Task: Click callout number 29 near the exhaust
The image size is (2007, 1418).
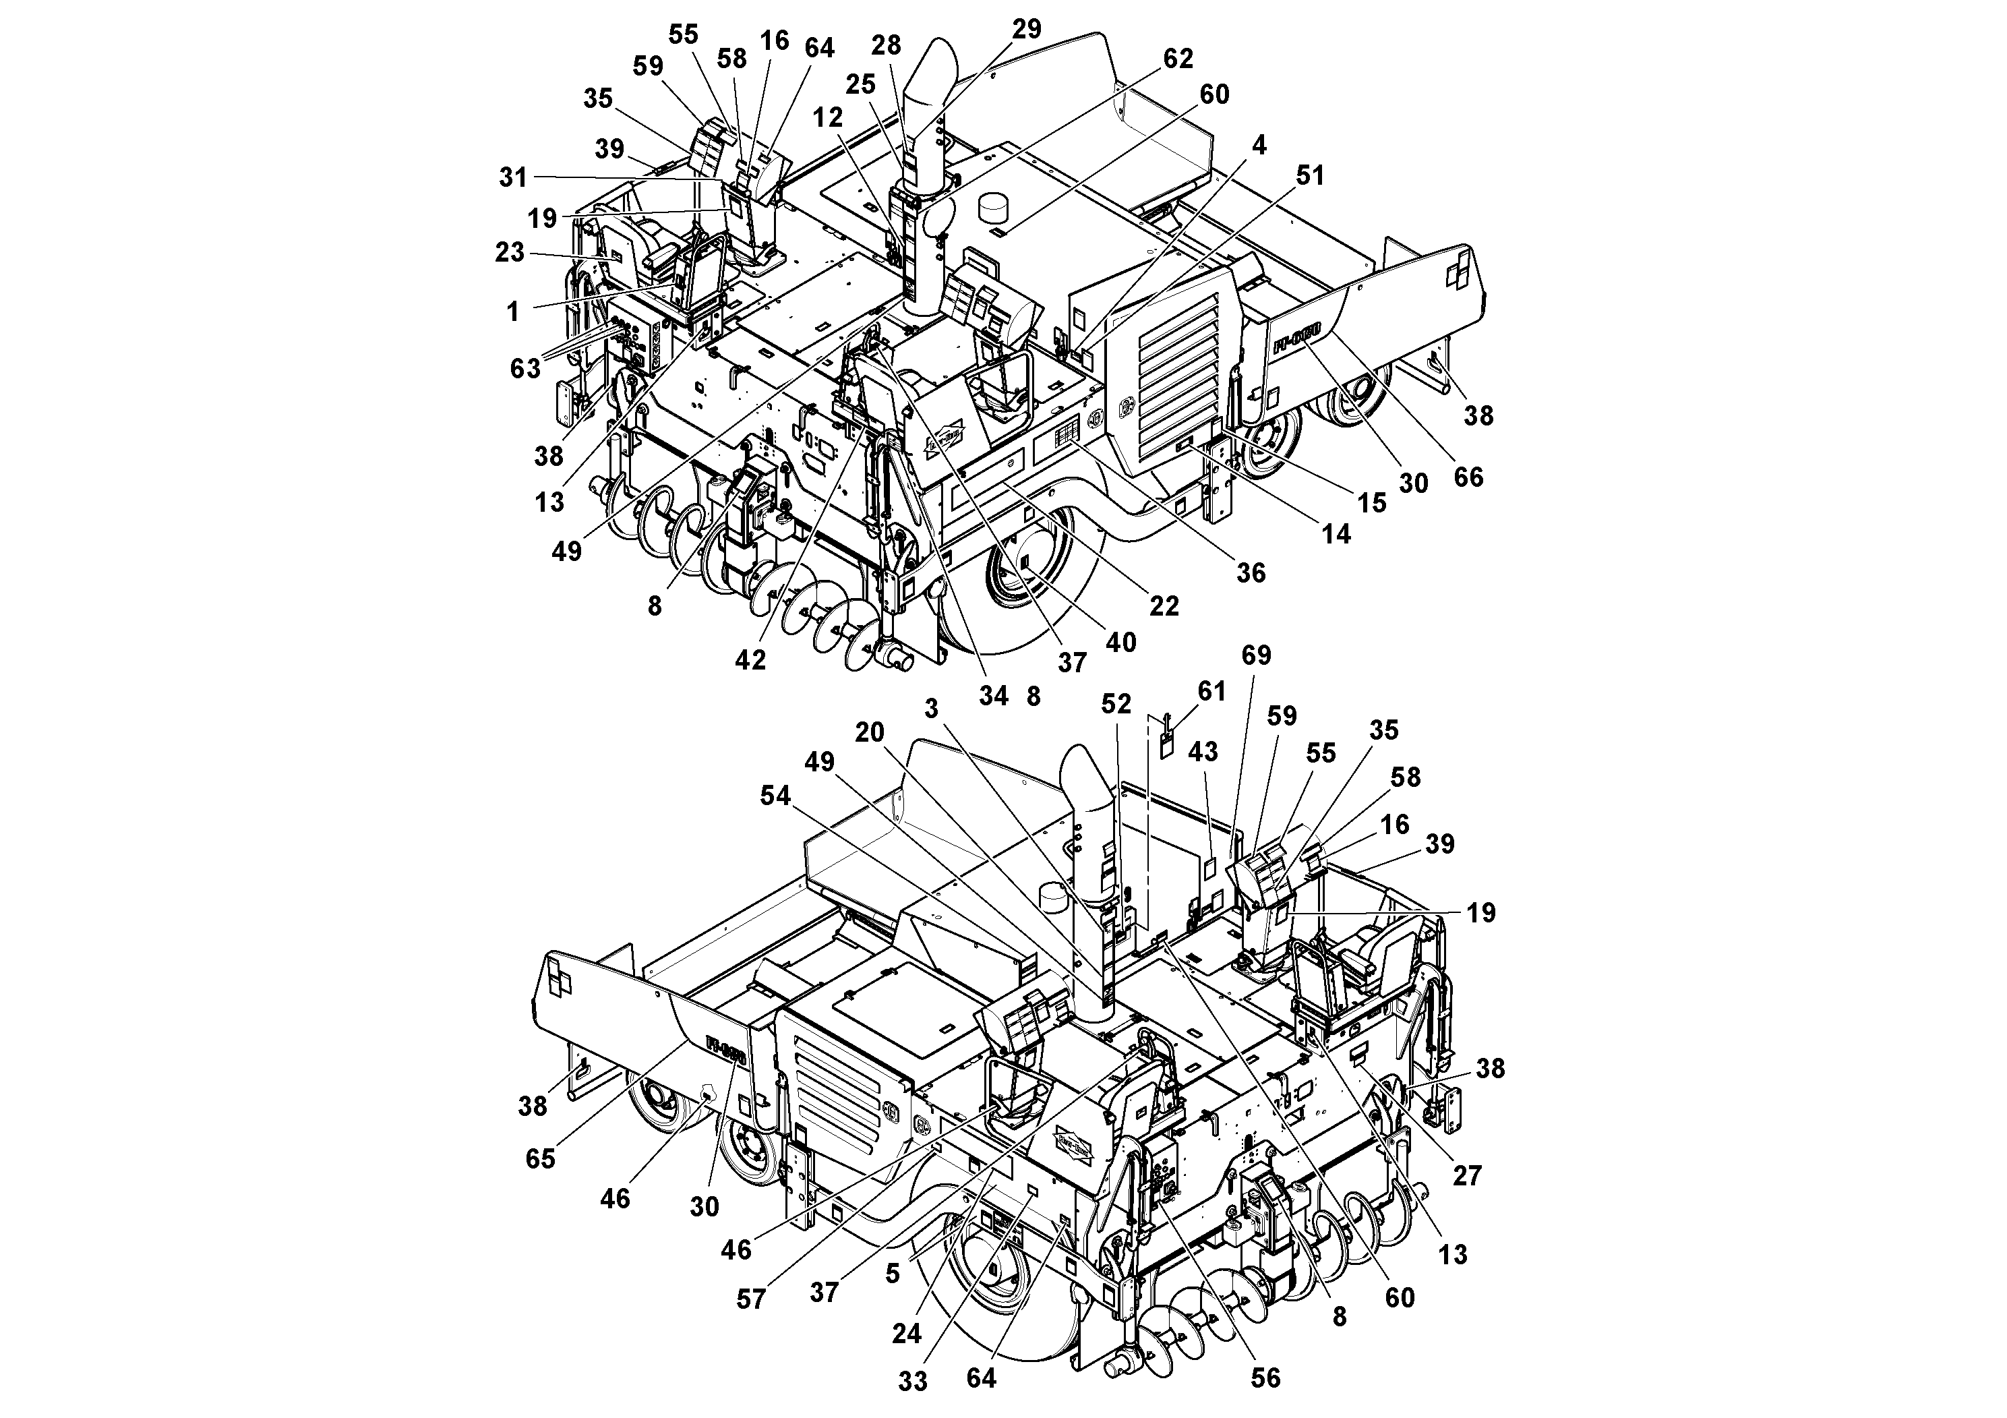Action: tap(1027, 29)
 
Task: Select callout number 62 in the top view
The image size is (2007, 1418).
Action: tap(1178, 59)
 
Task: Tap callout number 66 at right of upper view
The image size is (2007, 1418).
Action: tap(1468, 477)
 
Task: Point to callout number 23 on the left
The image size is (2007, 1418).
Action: tap(510, 253)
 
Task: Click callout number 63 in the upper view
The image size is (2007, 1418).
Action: tap(525, 369)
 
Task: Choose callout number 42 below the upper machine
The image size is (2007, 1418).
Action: tap(750, 660)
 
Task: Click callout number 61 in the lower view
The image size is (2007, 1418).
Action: tap(1211, 692)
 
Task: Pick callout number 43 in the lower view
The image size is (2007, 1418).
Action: tap(1203, 752)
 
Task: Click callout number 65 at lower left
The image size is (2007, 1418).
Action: tap(540, 1158)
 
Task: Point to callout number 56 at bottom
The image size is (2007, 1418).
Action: tap(1265, 1379)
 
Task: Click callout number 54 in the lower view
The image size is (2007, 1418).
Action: tap(775, 796)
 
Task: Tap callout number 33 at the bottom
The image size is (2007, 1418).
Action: tap(913, 1382)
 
